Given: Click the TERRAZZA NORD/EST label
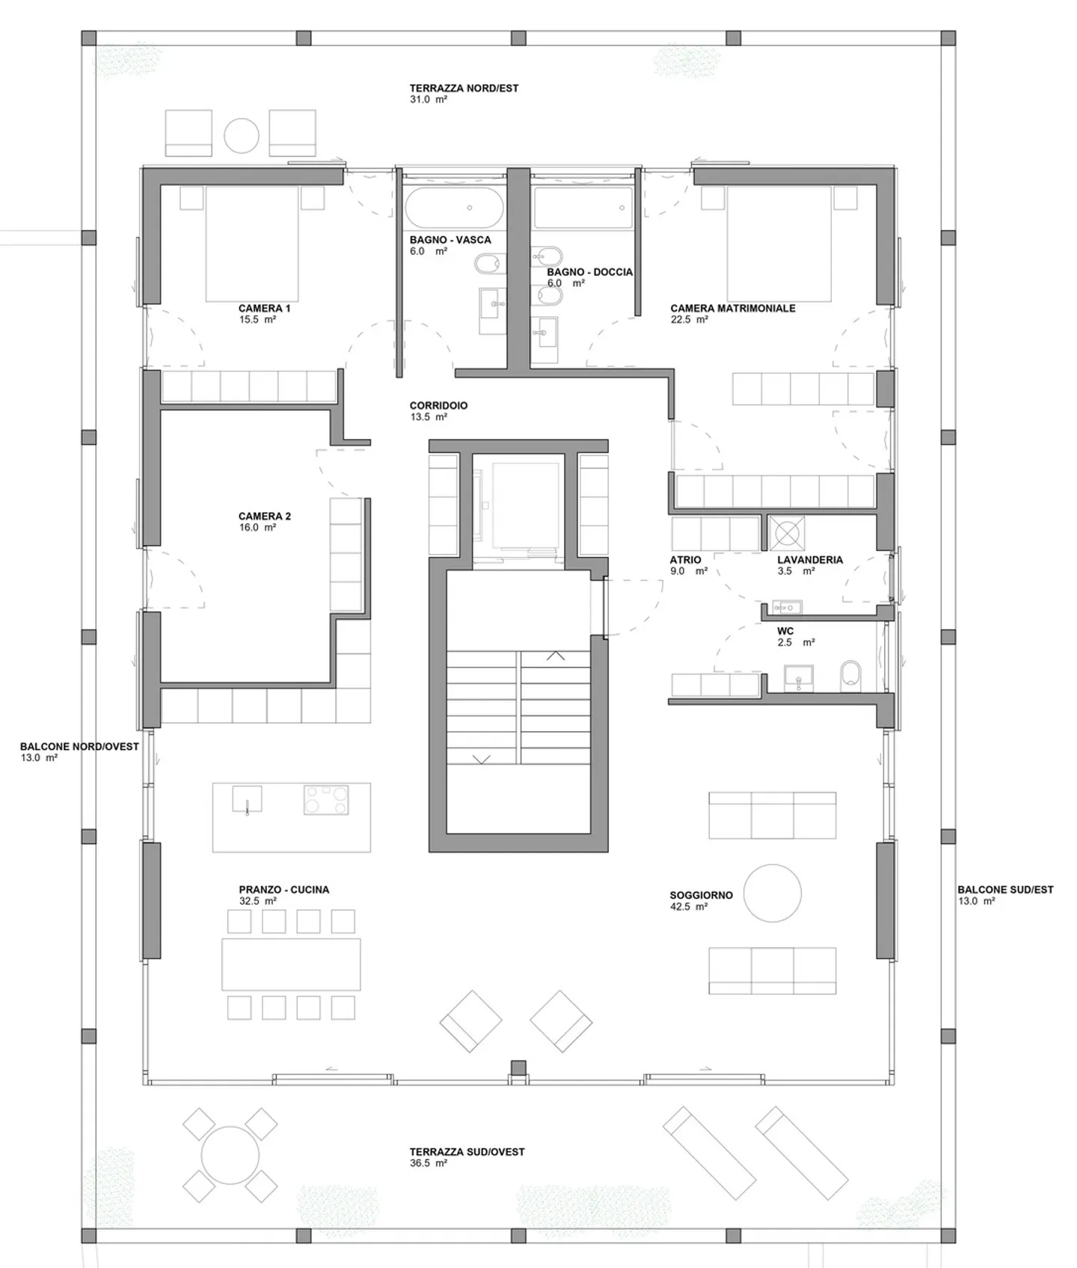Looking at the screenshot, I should (464, 88).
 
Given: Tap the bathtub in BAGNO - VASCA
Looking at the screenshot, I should (454, 207).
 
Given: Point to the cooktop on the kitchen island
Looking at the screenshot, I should (326, 799).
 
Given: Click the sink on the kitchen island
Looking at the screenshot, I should (247, 798).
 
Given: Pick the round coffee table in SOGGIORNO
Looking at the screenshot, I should (773, 893).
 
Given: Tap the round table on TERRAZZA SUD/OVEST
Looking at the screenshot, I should (231, 1154).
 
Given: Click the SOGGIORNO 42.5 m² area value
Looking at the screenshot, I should (689, 907).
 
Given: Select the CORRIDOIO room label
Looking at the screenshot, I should (438, 406).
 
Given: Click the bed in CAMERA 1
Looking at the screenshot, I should (252, 243).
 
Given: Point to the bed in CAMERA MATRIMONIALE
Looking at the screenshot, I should (779, 243).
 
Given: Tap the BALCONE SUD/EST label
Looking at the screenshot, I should (1005, 890).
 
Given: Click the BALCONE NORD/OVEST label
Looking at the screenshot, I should (79, 747).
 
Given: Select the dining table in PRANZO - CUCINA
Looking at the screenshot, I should (291, 964).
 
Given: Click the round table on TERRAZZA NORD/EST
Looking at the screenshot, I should (242, 136).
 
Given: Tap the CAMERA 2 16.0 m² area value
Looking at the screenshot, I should (257, 528).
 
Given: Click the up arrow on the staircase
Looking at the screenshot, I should (556, 656).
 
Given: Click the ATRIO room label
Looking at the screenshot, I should (685, 560).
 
